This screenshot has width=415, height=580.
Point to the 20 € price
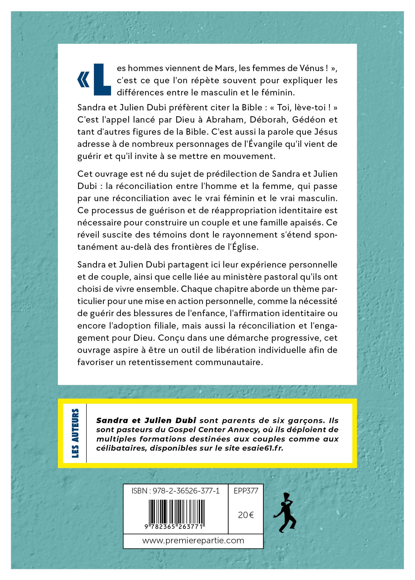(x=246, y=515)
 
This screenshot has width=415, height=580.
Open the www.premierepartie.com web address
(x=193, y=540)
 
